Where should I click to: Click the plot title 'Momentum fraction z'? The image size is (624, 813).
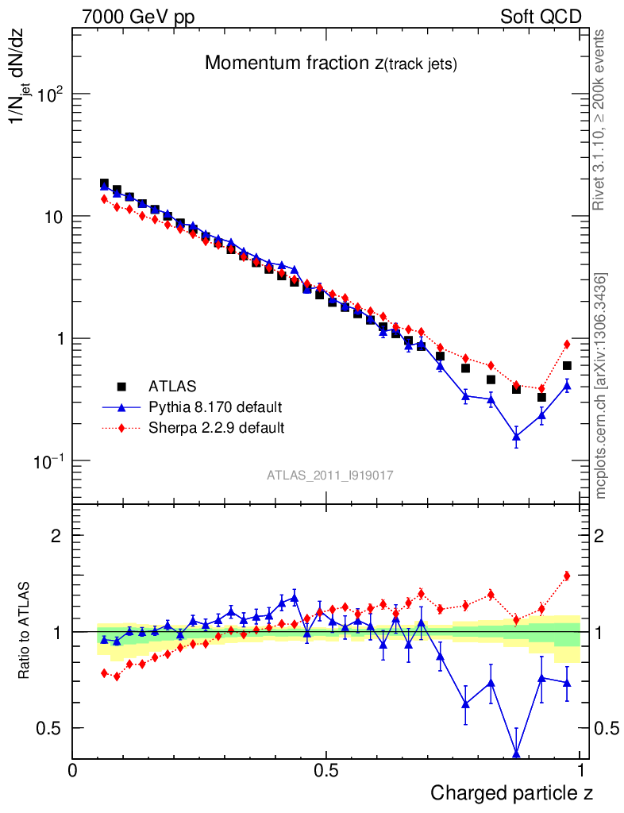tap(330, 64)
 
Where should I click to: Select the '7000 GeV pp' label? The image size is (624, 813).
tap(138, 17)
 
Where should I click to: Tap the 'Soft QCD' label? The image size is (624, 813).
tap(541, 17)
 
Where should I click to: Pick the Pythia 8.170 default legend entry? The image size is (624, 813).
tap(215, 407)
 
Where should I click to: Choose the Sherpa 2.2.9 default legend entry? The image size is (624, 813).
tap(217, 428)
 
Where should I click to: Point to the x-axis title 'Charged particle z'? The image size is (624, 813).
tap(511, 792)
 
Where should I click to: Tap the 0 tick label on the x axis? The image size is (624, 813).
tap(72, 771)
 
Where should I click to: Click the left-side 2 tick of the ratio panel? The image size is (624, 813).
tap(56, 536)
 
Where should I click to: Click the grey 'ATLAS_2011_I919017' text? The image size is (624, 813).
tap(330, 475)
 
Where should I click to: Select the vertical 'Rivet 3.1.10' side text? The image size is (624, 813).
tap(599, 121)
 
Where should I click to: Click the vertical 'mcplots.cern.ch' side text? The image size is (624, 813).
tap(601, 386)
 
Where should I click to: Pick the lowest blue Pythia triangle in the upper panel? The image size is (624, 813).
tap(516, 436)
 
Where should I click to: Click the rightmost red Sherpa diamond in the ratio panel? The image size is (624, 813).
tap(567, 576)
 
